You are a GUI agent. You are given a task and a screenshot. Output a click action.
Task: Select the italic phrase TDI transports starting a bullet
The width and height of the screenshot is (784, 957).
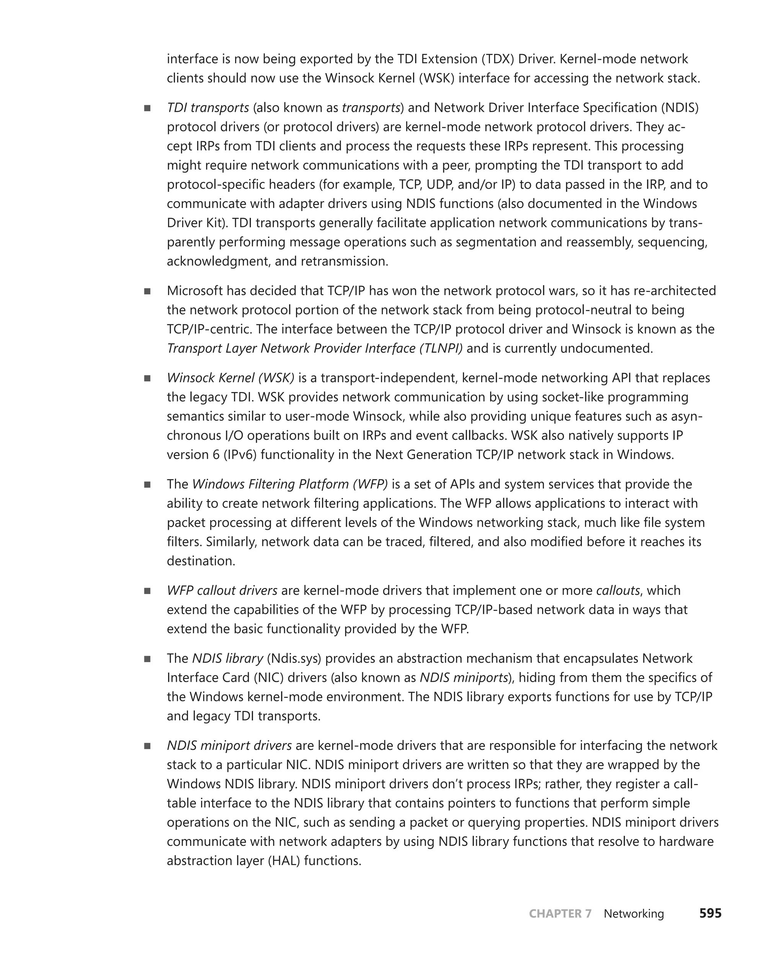click(208, 108)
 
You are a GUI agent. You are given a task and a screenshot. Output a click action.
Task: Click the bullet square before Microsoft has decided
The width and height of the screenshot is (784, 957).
click(147, 291)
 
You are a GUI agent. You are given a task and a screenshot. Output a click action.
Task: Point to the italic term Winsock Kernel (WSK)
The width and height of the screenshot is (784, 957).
click(230, 378)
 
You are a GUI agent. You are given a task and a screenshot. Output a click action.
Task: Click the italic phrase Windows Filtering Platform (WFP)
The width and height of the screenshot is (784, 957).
click(290, 484)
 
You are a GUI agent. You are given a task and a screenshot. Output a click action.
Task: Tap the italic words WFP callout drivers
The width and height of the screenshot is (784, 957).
click(222, 591)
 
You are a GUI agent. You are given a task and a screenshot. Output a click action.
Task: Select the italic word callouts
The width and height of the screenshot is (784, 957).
click(618, 591)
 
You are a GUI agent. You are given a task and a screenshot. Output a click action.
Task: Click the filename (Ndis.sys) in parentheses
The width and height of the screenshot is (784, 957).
click(294, 658)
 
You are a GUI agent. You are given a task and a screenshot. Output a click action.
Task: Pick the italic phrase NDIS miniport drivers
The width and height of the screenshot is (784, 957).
click(229, 746)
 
